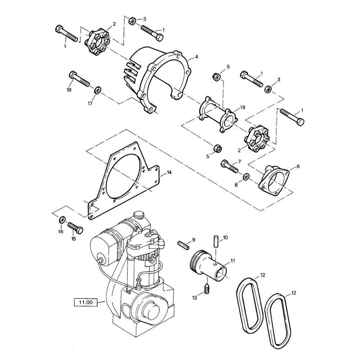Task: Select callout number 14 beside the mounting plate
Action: (x=169, y=172)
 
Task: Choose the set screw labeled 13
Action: (x=207, y=289)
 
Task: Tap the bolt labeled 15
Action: (x=75, y=227)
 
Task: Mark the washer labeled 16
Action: (x=62, y=220)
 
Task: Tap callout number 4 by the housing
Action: (x=197, y=57)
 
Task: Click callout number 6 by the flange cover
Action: (x=298, y=166)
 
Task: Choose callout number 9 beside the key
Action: (x=193, y=239)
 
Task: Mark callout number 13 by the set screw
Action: (x=195, y=297)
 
